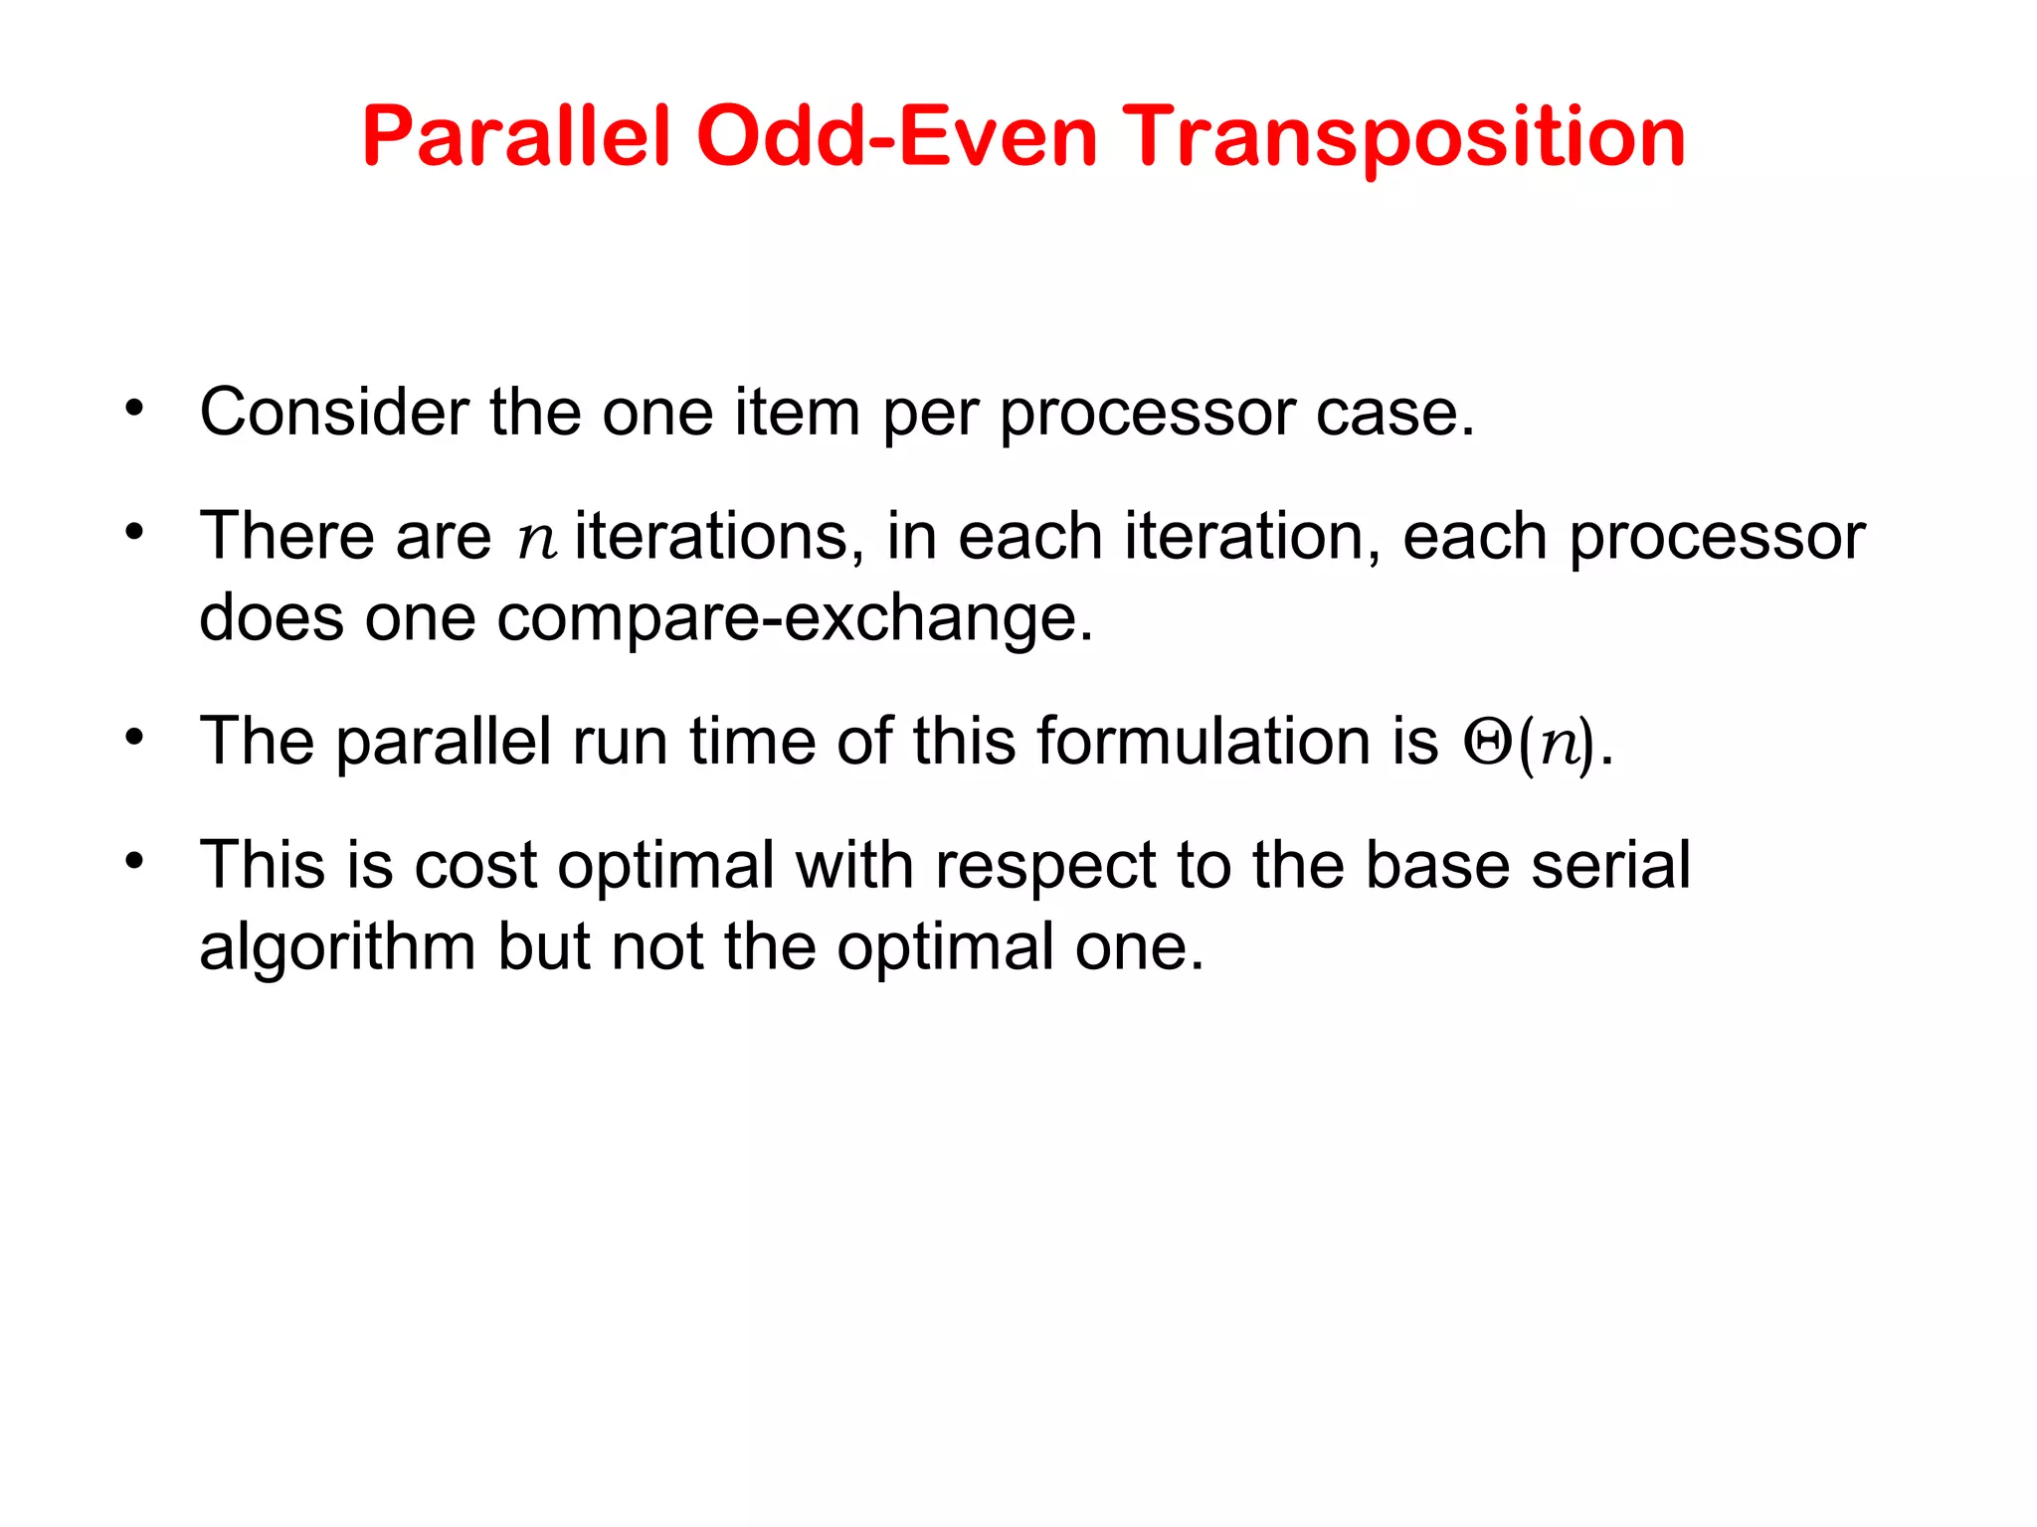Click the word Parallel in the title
tap(517, 137)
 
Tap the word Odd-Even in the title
tap(896, 137)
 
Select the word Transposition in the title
tap(1403, 137)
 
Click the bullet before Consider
tap(134, 409)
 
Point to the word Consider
tap(334, 413)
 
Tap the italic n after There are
tap(536, 540)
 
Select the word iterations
tap(712, 537)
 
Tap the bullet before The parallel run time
tap(134, 739)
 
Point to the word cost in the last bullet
tap(476, 865)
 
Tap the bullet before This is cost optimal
tap(134, 861)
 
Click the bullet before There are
tap(134, 532)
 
